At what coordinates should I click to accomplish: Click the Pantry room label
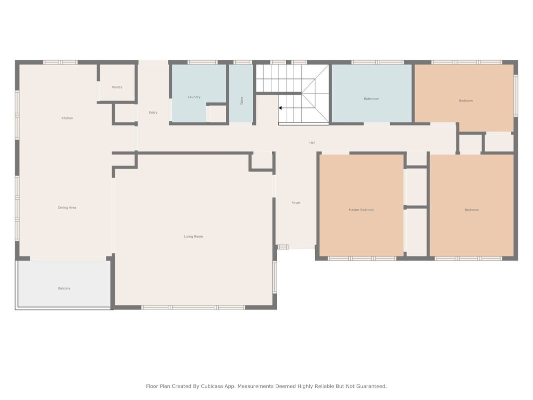point(117,87)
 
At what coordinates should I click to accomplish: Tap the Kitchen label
point(67,118)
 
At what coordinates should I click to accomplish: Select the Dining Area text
point(67,207)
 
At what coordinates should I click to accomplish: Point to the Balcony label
point(64,288)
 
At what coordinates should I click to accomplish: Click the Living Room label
point(193,236)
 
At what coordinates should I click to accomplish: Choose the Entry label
point(153,112)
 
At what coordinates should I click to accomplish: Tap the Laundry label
point(194,97)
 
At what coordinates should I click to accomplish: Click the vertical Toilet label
point(242,100)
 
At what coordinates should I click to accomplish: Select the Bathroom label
point(371,98)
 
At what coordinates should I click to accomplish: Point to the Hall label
point(312,143)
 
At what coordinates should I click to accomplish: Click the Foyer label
point(296,202)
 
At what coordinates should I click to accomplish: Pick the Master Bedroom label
point(361,210)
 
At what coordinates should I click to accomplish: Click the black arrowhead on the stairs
point(280,108)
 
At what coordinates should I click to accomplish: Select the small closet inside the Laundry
point(216,113)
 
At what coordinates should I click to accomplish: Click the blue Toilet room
point(241,93)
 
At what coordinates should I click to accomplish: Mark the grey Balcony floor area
point(64,283)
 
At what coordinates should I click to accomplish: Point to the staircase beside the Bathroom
point(292,93)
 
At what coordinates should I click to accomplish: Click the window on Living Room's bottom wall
point(193,307)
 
